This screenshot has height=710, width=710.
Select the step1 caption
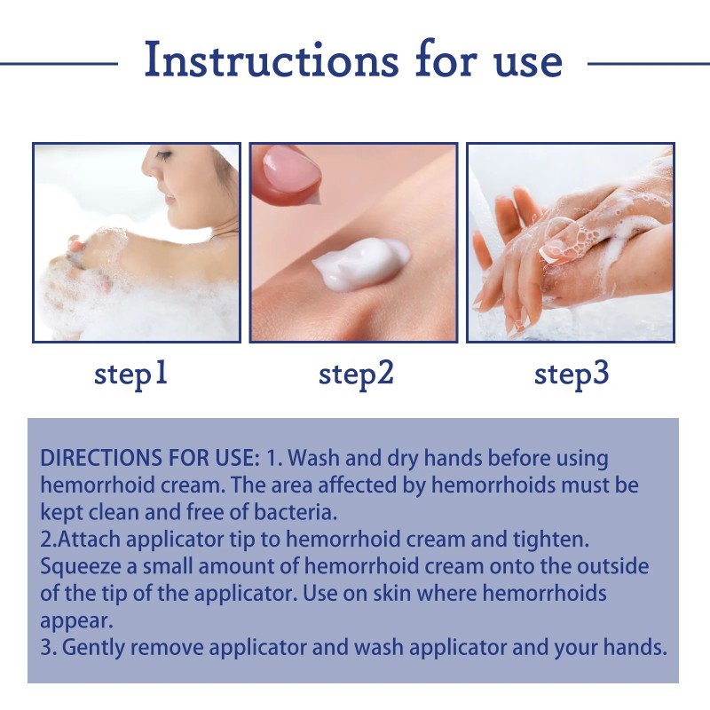click(131, 374)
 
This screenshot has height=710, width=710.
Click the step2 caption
click(355, 374)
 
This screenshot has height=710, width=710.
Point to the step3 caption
click(572, 374)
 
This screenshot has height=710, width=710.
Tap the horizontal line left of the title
click(58, 63)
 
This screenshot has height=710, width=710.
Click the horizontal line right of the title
click(648, 63)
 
